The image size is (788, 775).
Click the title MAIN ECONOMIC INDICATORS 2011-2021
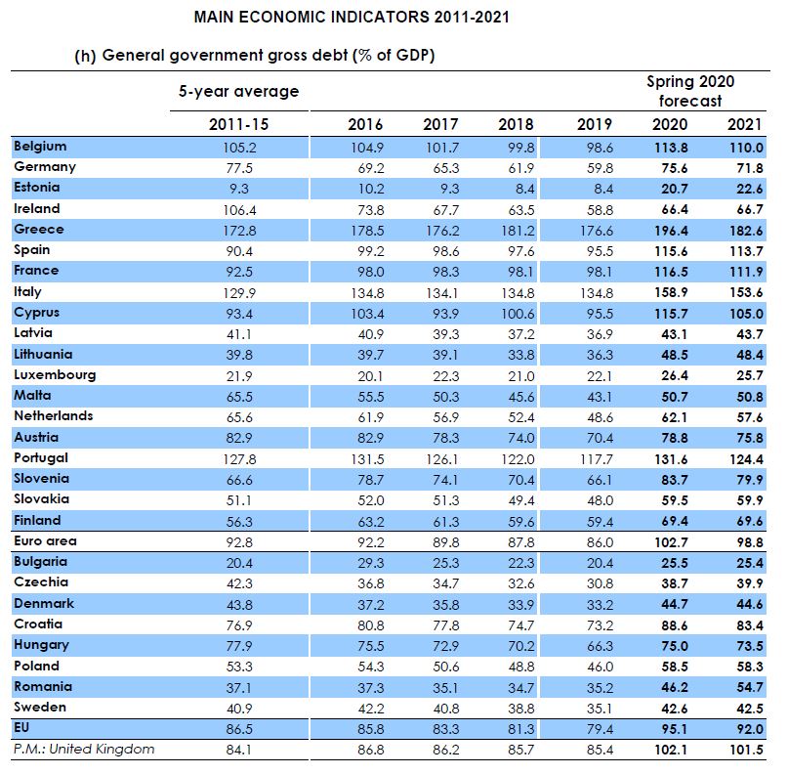tap(352, 18)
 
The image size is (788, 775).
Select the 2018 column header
tap(516, 124)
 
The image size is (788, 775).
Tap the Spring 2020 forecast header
tap(689, 91)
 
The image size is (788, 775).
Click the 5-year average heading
tap(238, 92)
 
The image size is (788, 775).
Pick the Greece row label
tap(39, 230)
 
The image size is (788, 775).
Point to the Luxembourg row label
tap(54, 375)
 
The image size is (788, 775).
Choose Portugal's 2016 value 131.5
tap(365, 458)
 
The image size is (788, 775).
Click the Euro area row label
tap(45, 540)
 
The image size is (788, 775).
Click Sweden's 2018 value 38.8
tap(516, 707)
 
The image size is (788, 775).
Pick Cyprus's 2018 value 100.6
tap(516, 313)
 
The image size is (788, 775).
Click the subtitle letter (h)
tap(85, 56)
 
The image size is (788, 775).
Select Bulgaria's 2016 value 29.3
tap(365, 562)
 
